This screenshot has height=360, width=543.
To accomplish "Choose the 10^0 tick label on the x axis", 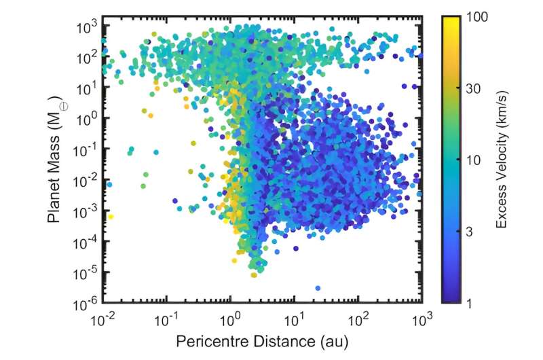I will [x=232, y=317].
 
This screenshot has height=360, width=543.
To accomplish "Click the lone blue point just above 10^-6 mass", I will [x=318, y=288].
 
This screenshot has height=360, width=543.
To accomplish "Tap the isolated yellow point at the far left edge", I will [x=111, y=217].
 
